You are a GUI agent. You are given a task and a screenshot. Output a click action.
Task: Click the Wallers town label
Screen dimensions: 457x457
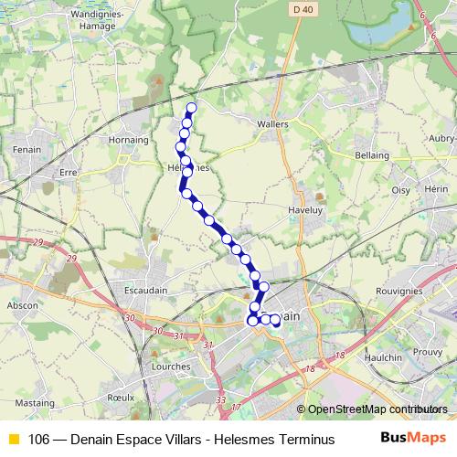tap(273, 123)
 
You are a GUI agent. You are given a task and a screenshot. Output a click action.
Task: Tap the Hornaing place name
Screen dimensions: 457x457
tap(129, 141)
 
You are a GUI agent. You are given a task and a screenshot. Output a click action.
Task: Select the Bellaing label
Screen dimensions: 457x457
tap(371, 155)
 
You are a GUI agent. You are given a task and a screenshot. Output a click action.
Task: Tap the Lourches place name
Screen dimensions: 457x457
tap(171, 366)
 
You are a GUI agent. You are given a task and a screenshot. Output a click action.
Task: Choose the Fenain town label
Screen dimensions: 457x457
tap(23, 147)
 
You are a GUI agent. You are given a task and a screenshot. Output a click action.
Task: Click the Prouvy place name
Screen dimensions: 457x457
tap(429, 351)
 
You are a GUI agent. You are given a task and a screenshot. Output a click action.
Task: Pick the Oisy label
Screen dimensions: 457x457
tap(401, 189)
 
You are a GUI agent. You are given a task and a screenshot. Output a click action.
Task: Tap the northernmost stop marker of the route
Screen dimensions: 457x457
tap(191, 108)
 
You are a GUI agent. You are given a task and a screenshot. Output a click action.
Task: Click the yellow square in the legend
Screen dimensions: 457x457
tap(13, 440)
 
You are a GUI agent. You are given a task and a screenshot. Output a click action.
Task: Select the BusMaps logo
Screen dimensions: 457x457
tap(413, 439)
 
